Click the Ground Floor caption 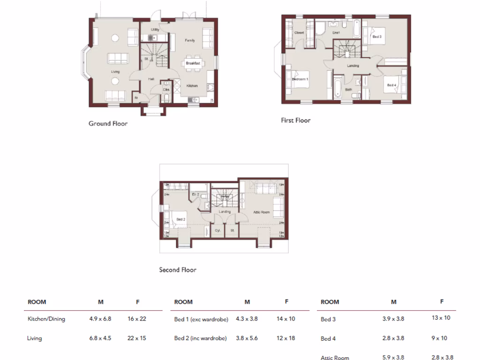point(108,124)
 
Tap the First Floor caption point(295,120)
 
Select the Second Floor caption point(178,270)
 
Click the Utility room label point(155,30)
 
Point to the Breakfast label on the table point(193,63)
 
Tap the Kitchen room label point(192,86)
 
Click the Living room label point(115,72)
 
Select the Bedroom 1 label point(300,79)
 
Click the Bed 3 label point(377,36)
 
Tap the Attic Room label point(262,212)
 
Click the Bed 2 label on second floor point(181,219)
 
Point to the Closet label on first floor point(299,33)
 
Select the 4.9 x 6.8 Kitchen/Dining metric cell point(100,319)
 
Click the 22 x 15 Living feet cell point(137,338)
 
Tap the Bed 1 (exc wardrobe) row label point(201,319)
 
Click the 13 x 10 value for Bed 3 point(441,318)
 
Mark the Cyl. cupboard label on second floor point(217,231)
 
